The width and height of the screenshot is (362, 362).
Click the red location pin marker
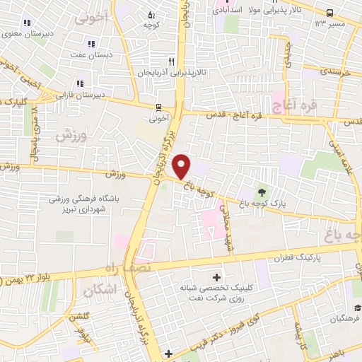click(x=182, y=166)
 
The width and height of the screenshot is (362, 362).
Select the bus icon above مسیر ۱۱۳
click(x=329, y=13)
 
